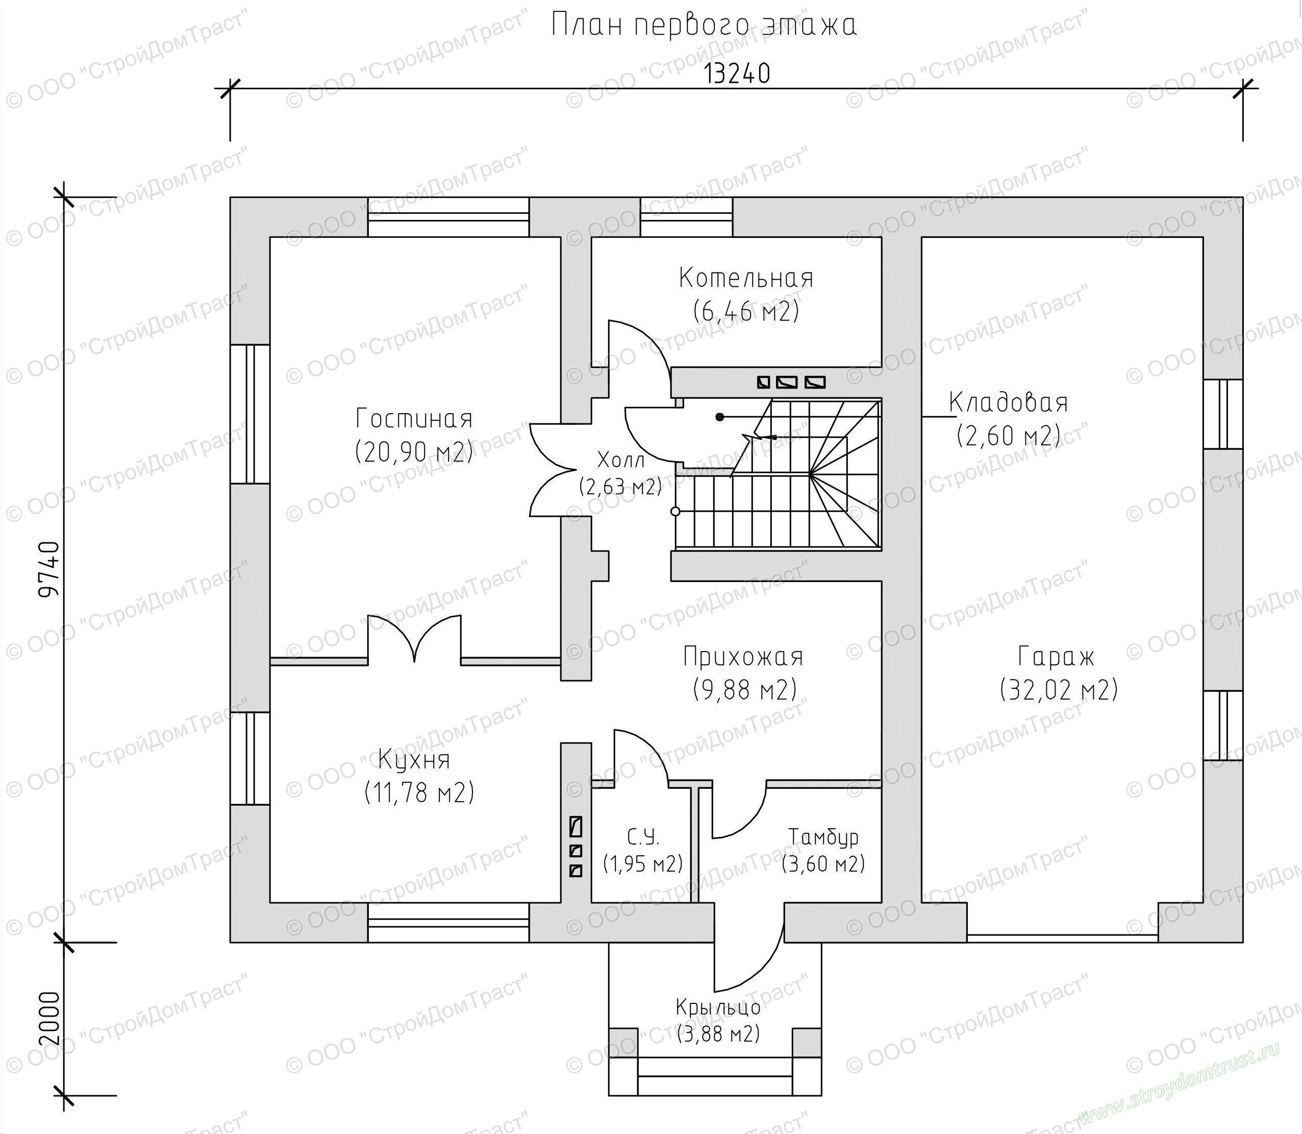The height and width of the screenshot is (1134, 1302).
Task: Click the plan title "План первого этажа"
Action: pyautogui.click(x=704, y=26)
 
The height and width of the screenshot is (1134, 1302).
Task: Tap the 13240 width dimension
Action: pyautogui.click(x=737, y=74)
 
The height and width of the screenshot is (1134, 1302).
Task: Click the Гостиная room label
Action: pyautogui.click(x=414, y=419)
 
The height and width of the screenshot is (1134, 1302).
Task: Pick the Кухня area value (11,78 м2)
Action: pyautogui.click(x=419, y=793)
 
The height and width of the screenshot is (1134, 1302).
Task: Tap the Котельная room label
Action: pyautogui.click(x=746, y=278)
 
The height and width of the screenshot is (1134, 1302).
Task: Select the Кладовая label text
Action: pyautogui.click(x=1009, y=402)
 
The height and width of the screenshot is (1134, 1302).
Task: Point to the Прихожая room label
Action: pyautogui.click(x=743, y=657)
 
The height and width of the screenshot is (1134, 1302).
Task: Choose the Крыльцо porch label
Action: pyautogui.click(x=718, y=1007)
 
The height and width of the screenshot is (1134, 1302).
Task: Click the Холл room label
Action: pyautogui.click(x=621, y=460)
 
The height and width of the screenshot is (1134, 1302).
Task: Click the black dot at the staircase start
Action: pyautogui.click(x=719, y=417)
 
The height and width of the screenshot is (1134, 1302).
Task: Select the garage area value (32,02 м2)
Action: pyautogui.click(x=1059, y=690)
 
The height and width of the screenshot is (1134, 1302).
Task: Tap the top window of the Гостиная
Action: pyautogui.click(x=448, y=217)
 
